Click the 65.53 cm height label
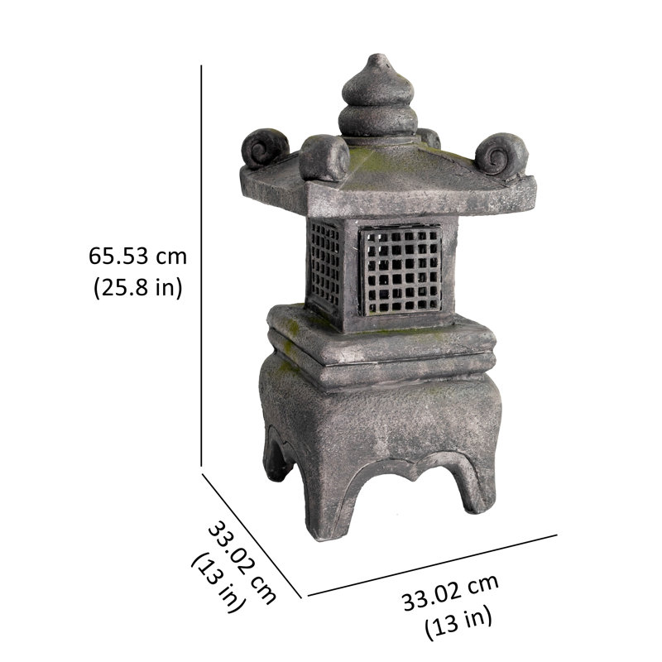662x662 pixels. pos(137,256)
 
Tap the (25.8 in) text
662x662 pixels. pos(138,288)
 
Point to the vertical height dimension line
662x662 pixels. pos(201,266)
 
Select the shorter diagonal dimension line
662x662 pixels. pos(252,535)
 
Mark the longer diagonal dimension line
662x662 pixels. pos(432,565)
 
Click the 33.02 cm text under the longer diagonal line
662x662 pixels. pos(450,592)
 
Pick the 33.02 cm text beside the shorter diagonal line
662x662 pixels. pos(242,563)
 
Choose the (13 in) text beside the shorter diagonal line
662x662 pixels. pos(218,582)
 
